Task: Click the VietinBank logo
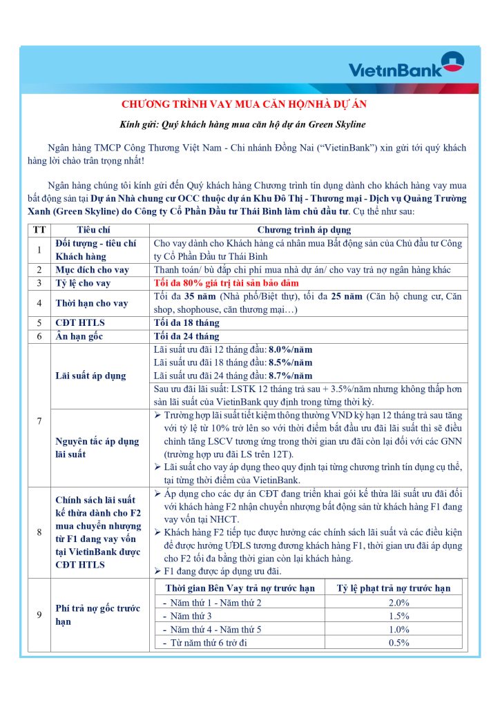406,67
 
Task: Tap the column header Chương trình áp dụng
309,230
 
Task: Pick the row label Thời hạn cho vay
92,303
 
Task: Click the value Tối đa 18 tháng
186,322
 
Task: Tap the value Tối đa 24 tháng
186,336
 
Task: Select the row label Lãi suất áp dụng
90,376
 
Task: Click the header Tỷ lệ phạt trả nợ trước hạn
394,588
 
